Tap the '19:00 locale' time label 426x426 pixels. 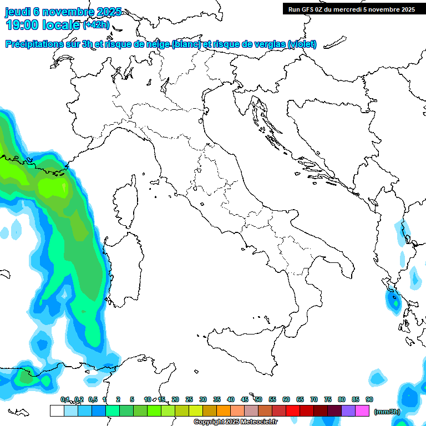[42, 25]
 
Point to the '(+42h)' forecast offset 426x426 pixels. [96, 25]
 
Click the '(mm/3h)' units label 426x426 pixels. [387, 411]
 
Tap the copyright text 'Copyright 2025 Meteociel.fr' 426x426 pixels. [235, 422]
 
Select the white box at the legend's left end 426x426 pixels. [57, 410]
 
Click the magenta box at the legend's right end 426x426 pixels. [362, 410]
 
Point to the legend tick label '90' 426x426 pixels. [369, 399]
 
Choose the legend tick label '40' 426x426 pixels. [231, 399]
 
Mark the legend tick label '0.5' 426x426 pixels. [93, 399]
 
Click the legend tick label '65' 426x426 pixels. [300, 399]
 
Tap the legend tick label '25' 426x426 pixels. [189, 399]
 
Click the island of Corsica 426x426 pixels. [126, 202]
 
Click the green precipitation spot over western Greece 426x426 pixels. [394, 302]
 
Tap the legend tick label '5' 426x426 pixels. [132, 399]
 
